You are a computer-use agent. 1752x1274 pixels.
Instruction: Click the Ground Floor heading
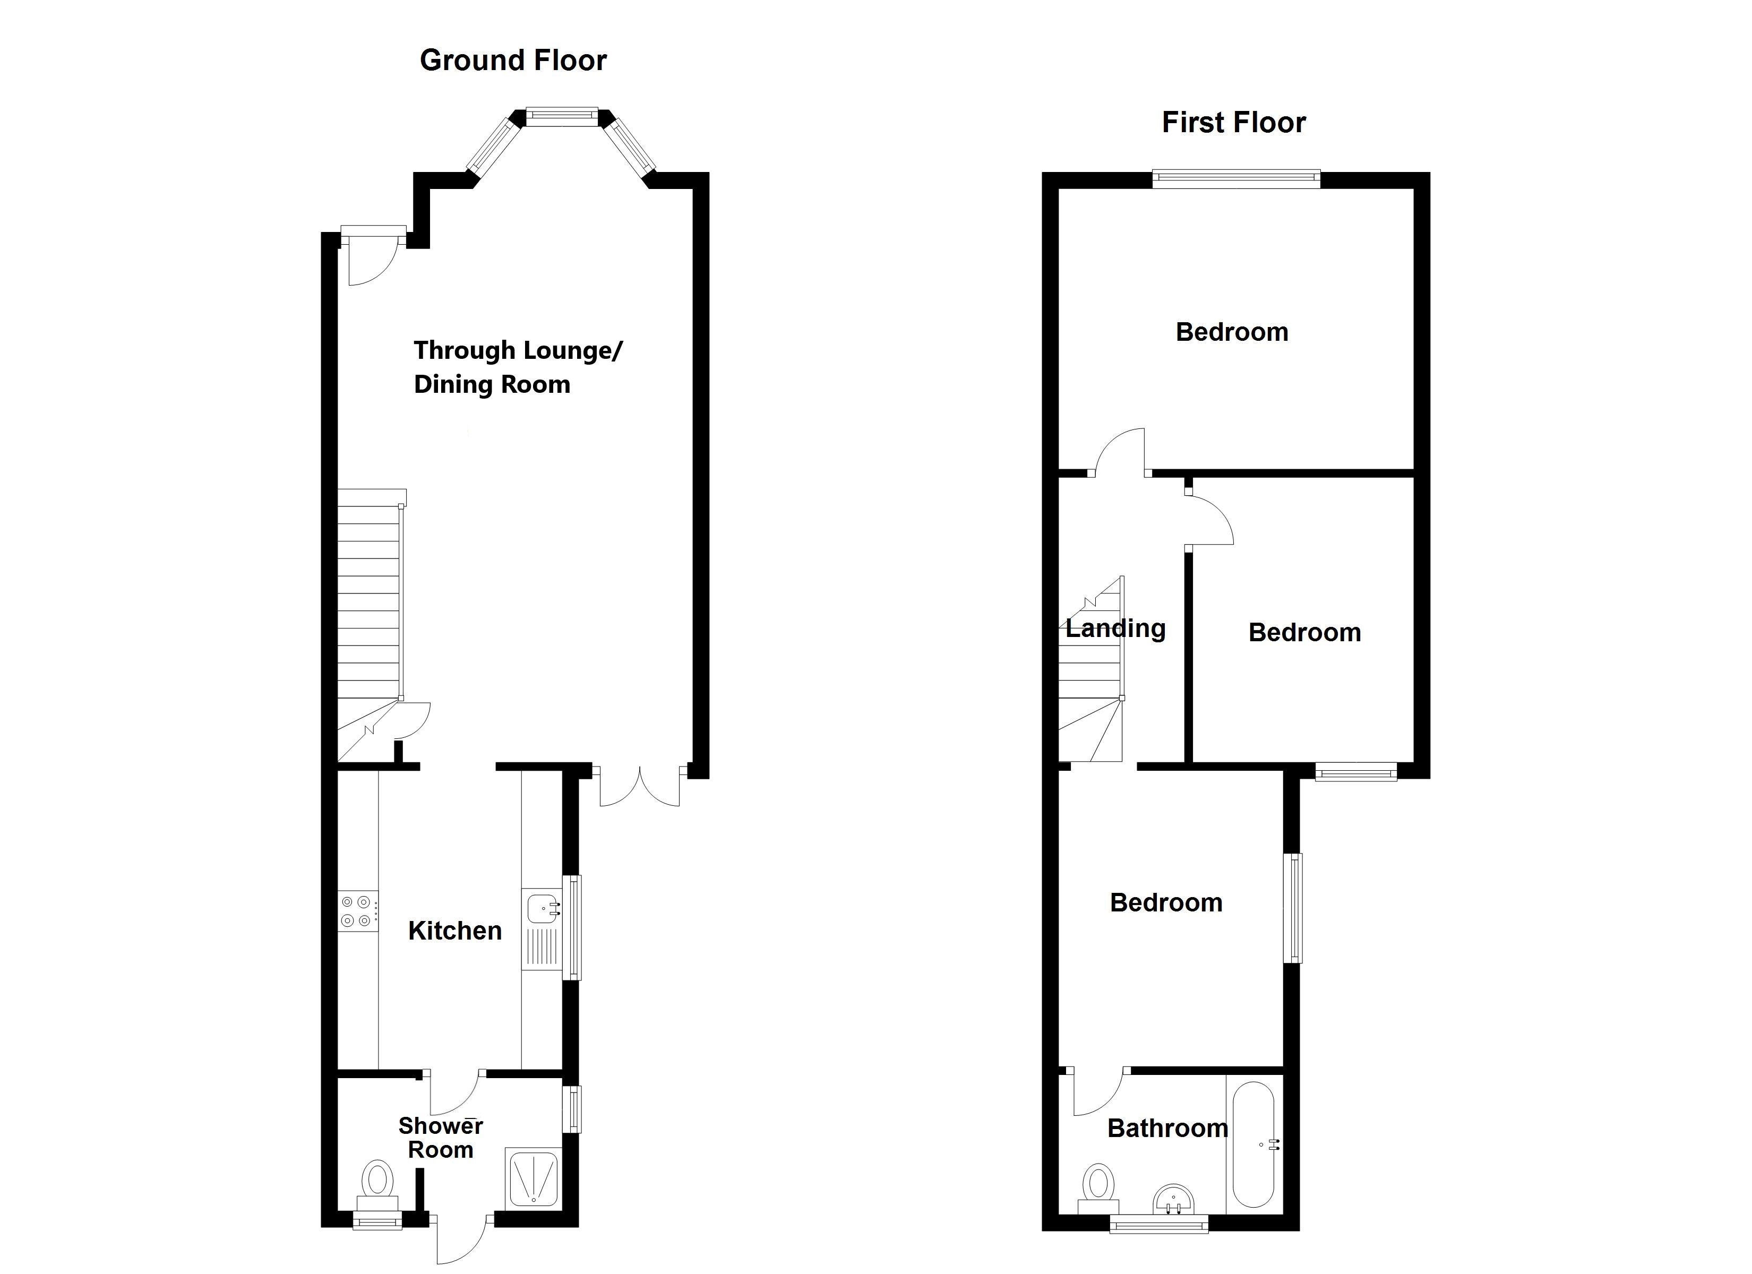click(513, 61)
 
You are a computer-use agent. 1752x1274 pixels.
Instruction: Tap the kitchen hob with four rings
click(358, 911)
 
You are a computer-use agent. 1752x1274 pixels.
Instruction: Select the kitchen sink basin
click(543, 908)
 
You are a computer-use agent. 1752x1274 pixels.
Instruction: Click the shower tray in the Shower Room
click(533, 1178)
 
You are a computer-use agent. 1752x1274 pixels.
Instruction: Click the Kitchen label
click(454, 931)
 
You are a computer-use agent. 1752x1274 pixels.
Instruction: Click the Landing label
click(1115, 629)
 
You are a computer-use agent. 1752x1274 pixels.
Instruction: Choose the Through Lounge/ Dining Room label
click(518, 367)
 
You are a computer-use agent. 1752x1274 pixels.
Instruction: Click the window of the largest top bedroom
click(1236, 179)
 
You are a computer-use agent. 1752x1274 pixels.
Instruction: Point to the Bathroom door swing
click(1097, 1093)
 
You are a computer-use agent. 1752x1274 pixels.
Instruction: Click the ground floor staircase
click(370, 602)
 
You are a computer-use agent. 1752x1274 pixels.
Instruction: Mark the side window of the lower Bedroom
click(1292, 908)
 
